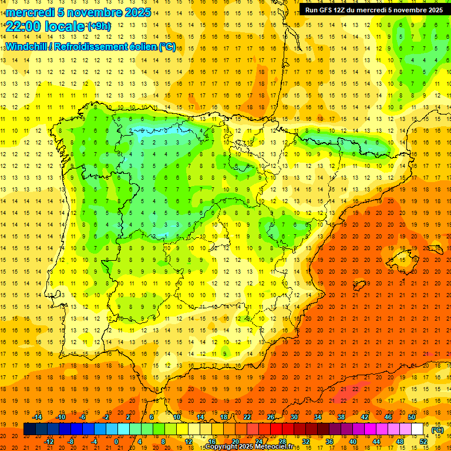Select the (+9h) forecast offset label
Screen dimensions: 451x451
[x=98, y=26]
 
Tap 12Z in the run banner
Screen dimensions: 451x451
[x=340, y=10]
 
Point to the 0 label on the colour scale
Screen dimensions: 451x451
[x=116, y=442]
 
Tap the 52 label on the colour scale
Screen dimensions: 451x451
[x=423, y=442]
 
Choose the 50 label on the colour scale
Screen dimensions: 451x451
[x=412, y=417]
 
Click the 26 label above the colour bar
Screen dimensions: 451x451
[x=271, y=417]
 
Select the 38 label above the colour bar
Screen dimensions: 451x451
[x=341, y=417]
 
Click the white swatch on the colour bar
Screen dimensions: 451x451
[x=417, y=429]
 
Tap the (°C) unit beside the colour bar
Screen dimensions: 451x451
[x=437, y=430]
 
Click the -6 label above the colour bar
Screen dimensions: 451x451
[x=84, y=417]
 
